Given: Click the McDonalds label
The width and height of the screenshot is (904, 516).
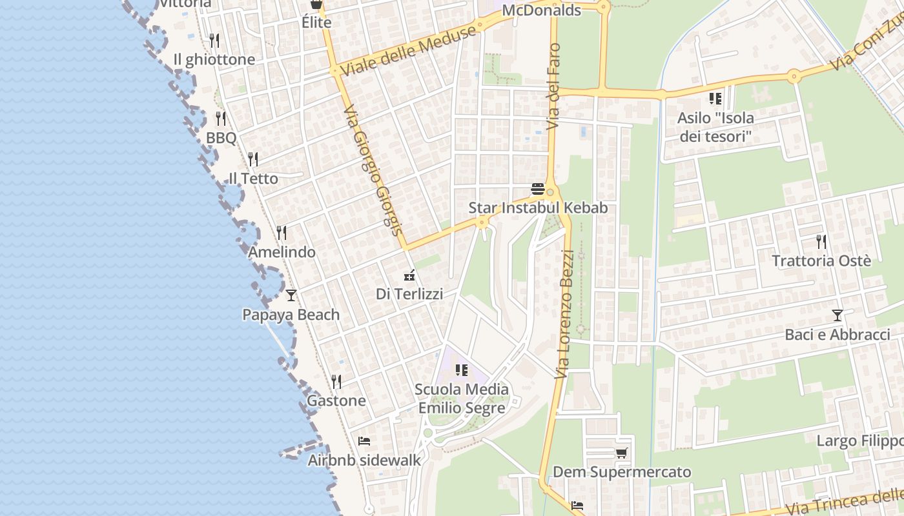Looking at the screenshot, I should click(541, 10).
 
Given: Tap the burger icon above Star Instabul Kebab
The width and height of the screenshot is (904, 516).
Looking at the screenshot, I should click(537, 189).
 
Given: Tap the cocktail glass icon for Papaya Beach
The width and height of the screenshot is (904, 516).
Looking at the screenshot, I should click(291, 295).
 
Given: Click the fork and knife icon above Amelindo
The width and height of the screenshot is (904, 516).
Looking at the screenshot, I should click(282, 232).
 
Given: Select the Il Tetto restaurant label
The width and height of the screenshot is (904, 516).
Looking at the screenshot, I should click(254, 179).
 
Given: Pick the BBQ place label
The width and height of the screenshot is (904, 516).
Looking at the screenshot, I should click(221, 138).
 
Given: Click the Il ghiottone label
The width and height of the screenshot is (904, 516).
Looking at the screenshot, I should click(214, 59).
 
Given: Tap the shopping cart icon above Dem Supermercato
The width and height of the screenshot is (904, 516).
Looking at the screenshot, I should click(621, 453).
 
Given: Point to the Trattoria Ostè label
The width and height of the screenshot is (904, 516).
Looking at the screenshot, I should click(821, 261).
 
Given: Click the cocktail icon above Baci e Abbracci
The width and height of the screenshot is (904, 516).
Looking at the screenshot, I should click(837, 315).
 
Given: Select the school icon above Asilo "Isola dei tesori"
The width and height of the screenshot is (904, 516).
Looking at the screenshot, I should click(715, 99).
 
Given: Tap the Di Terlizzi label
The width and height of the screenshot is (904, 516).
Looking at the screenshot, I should click(409, 294).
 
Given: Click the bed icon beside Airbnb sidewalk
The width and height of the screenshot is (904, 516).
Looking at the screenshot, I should click(364, 441).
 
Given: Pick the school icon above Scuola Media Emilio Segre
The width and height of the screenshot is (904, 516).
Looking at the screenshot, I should click(462, 370).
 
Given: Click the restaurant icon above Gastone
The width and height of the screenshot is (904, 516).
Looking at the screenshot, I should click(336, 381).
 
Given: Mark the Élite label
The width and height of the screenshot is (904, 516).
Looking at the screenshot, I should click(316, 23).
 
